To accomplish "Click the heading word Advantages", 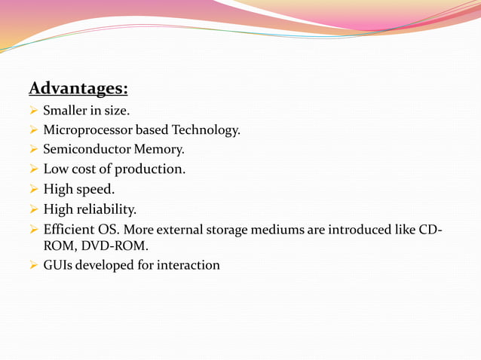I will pyautogui.click(x=78, y=89).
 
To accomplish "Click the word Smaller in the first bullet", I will pyautogui.click(x=64, y=111).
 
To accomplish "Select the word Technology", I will pyautogui.click(x=206, y=130).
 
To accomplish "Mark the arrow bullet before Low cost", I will pyautogui.click(x=33, y=169).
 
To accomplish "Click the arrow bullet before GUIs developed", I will pyautogui.click(x=33, y=265).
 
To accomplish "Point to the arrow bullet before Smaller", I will pyautogui.click(x=33, y=111).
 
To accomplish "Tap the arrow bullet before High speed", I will pyautogui.click(x=33, y=189).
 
